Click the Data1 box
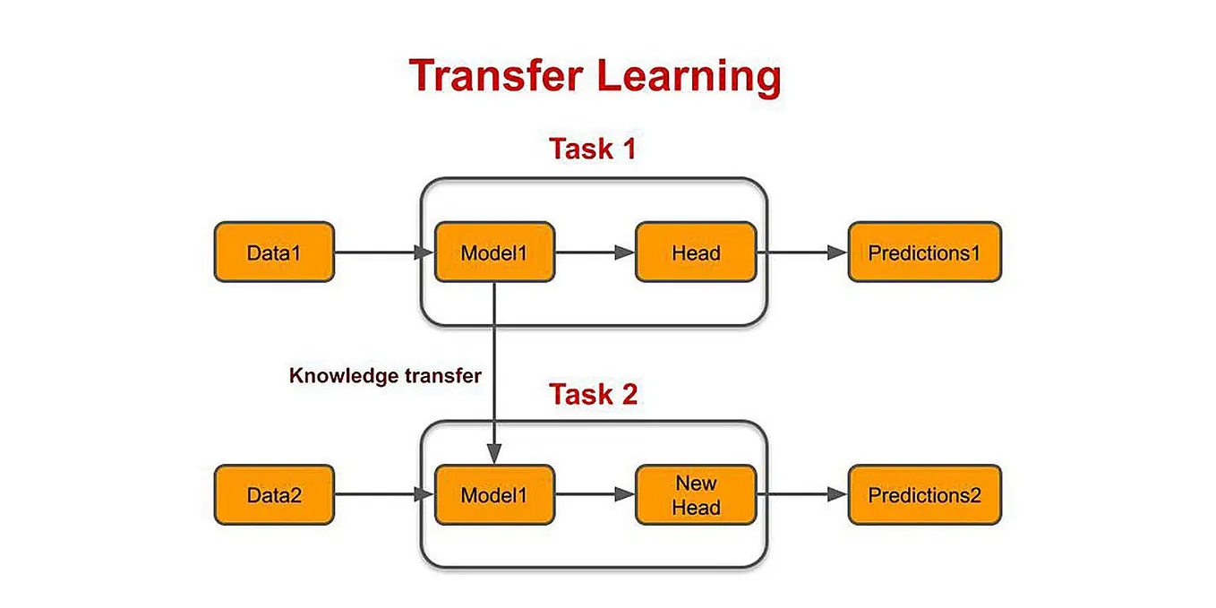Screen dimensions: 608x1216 click(274, 253)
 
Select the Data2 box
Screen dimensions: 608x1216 click(274, 494)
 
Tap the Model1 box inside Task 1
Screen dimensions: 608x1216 click(494, 253)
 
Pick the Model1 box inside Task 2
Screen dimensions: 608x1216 click(494, 494)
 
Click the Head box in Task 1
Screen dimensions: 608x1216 click(696, 253)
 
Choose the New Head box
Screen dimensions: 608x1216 click(696, 494)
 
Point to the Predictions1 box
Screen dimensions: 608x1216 click(924, 253)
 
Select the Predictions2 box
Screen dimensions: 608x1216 click(924, 494)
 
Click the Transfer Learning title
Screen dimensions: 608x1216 click(595, 76)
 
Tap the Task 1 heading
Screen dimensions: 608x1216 click(593, 149)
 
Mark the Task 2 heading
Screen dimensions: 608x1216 click(593, 394)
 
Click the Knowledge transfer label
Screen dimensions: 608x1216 click(385, 376)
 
